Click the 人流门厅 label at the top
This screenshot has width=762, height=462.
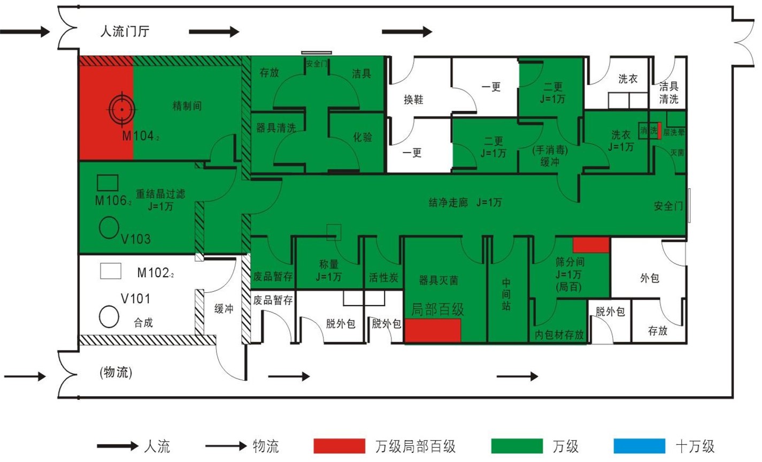click(x=125, y=31)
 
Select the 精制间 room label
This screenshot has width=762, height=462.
click(x=187, y=105)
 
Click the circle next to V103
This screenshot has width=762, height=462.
click(x=109, y=228)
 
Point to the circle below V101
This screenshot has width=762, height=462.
click(x=109, y=316)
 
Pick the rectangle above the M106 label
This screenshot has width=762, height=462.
click(x=107, y=183)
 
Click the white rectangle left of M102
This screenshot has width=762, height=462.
click(x=111, y=271)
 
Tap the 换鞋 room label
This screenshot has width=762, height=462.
click(x=413, y=99)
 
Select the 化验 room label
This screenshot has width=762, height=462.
click(x=362, y=137)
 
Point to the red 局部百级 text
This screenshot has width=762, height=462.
click(x=437, y=309)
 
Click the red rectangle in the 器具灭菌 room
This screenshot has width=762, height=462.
click(x=433, y=330)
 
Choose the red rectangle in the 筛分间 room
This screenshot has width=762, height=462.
click(x=591, y=245)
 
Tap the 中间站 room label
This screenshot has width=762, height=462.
click(x=506, y=294)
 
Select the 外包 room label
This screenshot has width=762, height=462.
click(x=649, y=278)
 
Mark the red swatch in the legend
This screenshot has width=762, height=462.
click(x=340, y=446)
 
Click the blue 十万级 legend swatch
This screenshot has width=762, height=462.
click(x=640, y=446)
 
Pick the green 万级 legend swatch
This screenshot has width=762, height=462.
click(x=517, y=446)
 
